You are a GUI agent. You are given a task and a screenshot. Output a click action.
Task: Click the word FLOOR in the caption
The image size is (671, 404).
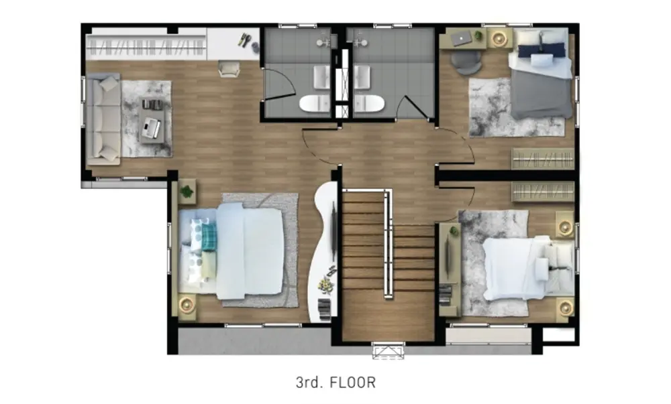tap(353, 382)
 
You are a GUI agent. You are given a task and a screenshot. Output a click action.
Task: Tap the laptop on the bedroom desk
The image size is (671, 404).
tap(462, 40)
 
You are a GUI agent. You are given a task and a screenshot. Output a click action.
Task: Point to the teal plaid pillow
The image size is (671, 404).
tap(209, 237)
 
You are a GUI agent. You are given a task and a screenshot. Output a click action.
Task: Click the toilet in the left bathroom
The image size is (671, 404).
tap(314, 103)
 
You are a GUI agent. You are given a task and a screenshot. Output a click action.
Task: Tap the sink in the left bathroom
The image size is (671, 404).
tap(321, 77)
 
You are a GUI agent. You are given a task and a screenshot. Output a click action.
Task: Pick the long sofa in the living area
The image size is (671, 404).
tap(103, 119)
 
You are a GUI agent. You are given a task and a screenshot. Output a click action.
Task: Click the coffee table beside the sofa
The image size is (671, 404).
tap(152, 121)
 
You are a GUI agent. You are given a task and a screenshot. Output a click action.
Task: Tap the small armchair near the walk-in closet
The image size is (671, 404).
tap(229, 69)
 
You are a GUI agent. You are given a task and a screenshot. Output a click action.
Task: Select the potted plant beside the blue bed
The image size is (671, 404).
tap(187, 192)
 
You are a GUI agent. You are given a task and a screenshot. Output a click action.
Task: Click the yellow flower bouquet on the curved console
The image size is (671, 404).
tap(325, 285)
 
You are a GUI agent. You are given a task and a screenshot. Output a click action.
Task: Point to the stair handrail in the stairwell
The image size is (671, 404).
tap(388, 244)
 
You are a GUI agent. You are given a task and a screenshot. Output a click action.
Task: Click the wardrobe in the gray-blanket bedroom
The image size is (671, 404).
tap(543, 159)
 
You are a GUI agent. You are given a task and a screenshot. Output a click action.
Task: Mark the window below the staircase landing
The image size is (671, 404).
tap(388, 350)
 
